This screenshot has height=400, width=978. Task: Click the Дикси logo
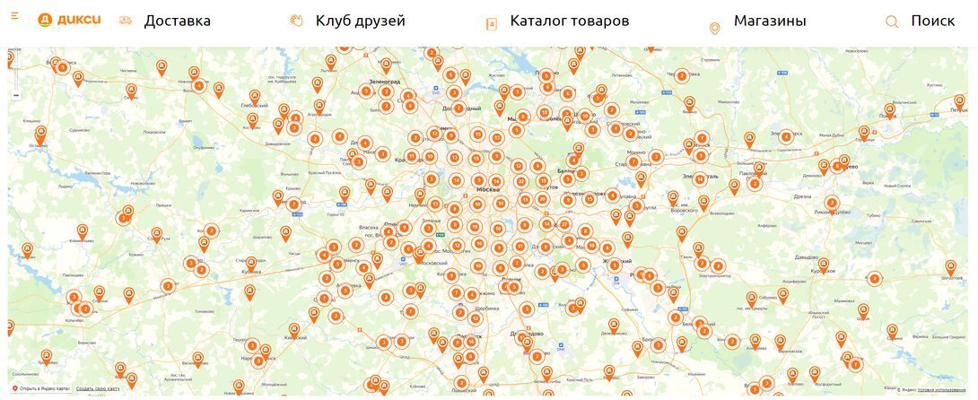tap(69, 21)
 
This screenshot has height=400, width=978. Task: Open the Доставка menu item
tap(177, 21)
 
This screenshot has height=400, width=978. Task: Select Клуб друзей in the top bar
tap(360, 21)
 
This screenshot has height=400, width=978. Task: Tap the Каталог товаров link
tap(569, 21)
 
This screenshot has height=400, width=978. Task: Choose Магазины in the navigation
tap(769, 21)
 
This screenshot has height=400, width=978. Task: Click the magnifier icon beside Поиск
tap(892, 22)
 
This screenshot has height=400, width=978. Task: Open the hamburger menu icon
tap(14, 16)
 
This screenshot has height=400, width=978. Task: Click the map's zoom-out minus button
tap(16, 95)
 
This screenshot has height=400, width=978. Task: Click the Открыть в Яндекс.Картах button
tap(40, 388)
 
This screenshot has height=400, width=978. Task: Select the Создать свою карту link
tap(98, 388)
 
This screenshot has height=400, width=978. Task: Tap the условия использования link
tap(941, 389)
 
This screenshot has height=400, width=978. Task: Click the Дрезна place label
tap(801, 196)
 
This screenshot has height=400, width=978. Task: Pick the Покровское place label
tap(153, 132)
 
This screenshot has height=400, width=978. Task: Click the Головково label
tap(205, 311)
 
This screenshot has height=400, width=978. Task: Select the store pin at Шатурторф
tap(950, 266)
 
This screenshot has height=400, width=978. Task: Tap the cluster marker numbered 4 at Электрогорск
tap(786, 137)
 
